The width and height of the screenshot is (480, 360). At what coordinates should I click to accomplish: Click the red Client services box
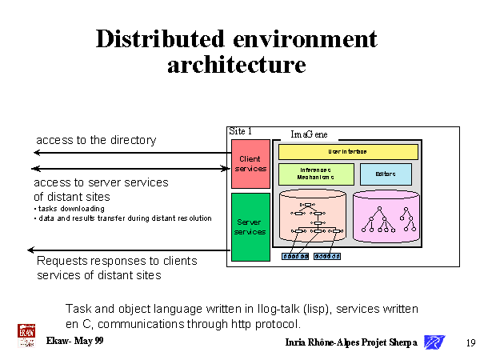pyautogui.click(x=250, y=164)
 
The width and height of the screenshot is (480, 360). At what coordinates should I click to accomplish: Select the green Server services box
pyautogui.click(x=250, y=226)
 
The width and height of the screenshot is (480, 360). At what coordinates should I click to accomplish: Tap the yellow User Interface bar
pyautogui.click(x=348, y=151)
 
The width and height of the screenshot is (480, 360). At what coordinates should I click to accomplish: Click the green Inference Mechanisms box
pyautogui.click(x=316, y=174)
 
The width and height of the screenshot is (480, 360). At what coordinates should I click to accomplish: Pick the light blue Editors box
pyautogui.click(x=386, y=174)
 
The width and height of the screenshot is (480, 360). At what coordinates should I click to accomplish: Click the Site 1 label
pyautogui.click(x=241, y=130)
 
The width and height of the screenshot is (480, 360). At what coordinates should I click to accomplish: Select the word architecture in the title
pyautogui.click(x=236, y=65)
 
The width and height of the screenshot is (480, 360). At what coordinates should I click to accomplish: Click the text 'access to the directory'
pyautogui.click(x=95, y=140)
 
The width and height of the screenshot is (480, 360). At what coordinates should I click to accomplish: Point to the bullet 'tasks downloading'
pyautogui.click(x=71, y=209)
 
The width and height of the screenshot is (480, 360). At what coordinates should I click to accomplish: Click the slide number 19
pyautogui.click(x=470, y=343)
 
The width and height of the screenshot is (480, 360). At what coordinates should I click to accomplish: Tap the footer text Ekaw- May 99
pyautogui.click(x=74, y=341)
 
